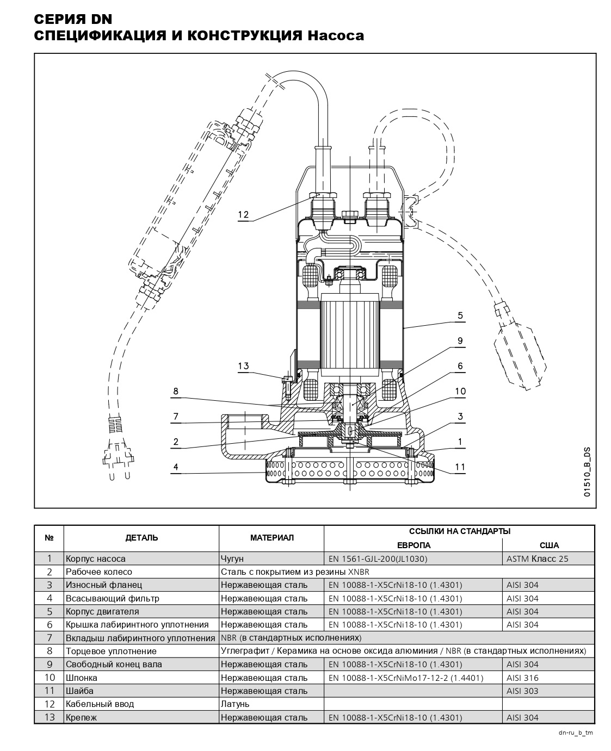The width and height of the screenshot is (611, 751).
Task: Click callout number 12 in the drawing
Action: coord(243,215)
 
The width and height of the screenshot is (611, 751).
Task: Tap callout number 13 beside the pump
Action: coord(243,366)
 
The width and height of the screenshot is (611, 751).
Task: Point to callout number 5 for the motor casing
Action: coord(460,315)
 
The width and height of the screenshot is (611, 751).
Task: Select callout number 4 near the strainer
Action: coord(176,467)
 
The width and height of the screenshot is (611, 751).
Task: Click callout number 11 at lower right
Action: coord(460,467)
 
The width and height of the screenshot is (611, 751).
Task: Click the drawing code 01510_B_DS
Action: coord(587,472)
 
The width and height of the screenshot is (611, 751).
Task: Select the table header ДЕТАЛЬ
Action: coord(141,538)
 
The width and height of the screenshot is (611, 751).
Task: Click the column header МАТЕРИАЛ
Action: coord(272,538)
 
